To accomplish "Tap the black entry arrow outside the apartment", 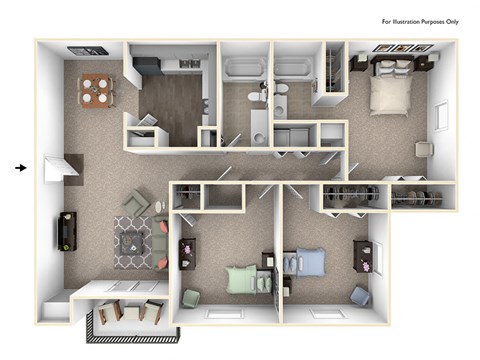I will click(21, 167).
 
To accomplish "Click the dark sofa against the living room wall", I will click(67, 231).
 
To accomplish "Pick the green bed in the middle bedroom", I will click(242, 279).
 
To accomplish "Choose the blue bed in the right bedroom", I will click(309, 263).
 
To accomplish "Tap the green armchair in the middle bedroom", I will click(192, 297).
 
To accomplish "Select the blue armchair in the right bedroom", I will click(360, 296).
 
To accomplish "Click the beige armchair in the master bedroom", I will click(424, 148).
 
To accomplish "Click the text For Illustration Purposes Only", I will click(421, 20).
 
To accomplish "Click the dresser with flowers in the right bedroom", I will click(361, 255).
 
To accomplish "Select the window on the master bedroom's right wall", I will click(441, 115).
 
